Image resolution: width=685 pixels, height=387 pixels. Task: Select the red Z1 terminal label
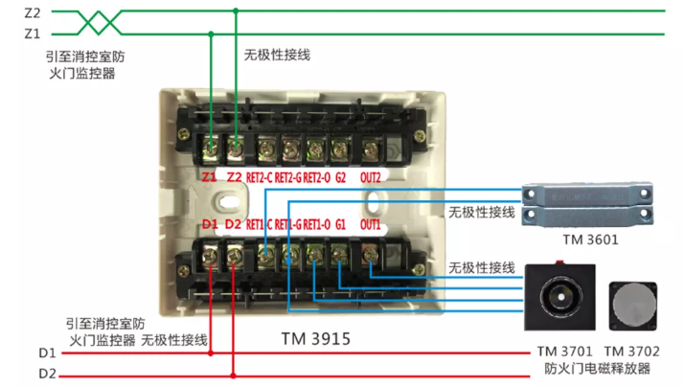pyautogui.click(x=210, y=177)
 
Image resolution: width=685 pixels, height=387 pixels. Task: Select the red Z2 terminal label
pyautogui.click(x=235, y=177)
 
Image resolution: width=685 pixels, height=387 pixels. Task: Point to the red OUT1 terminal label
pyautogui.click(x=371, y=224)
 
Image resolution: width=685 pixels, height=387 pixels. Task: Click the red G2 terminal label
pyautogui.click(x=341, y=177)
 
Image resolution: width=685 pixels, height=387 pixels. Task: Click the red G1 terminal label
pyautogui.click(x=340, y=224)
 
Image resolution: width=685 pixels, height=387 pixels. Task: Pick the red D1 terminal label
pyautogui.click(x=210, y=224)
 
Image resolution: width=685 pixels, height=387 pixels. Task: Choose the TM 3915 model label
pyautogui.click(x=316, y=339)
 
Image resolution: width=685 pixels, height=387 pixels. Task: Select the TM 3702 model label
pyautogui.click(x=631, y=351)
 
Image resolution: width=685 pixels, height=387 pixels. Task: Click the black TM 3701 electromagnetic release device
pyautogui.click(x=560, y=298)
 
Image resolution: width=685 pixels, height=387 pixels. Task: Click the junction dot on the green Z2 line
pyautogui.click(x=235, y=11)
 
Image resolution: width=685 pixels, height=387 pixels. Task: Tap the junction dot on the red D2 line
pyautogui.click(x=234, y=374)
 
